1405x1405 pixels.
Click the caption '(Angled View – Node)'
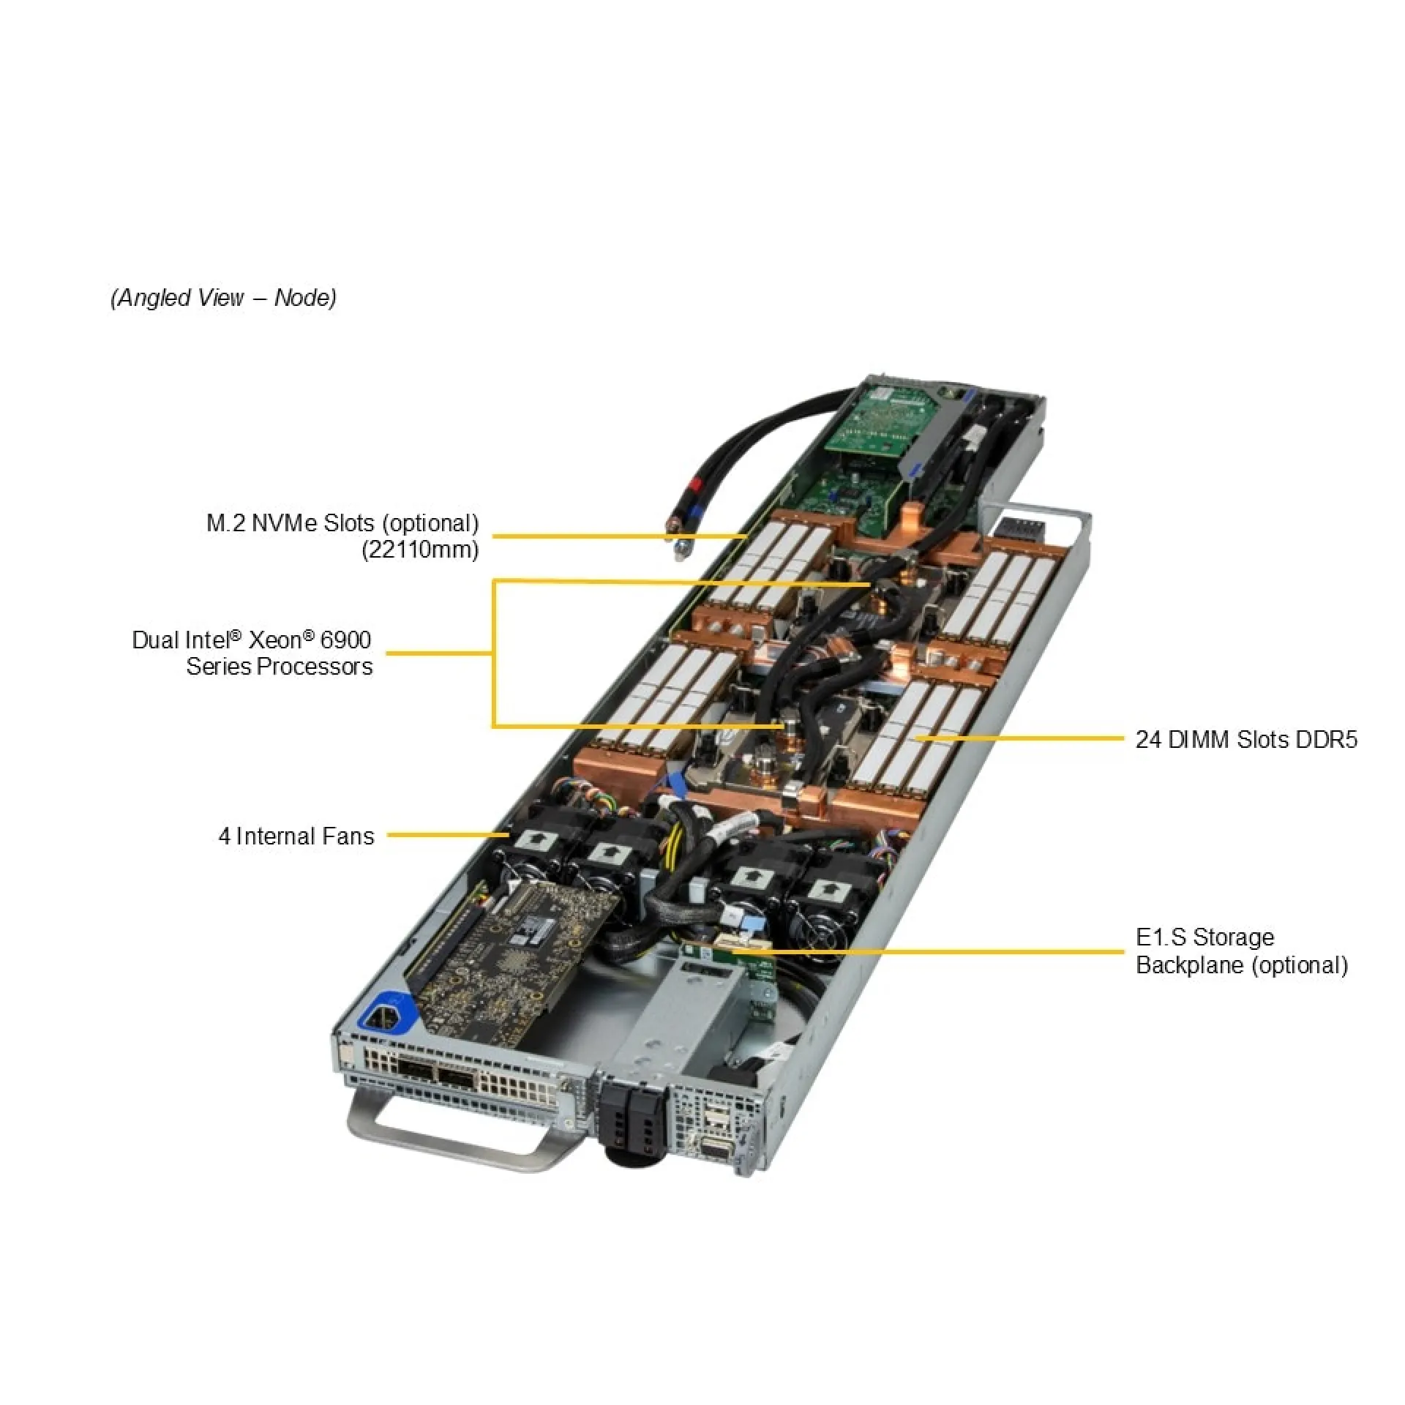point(223,298)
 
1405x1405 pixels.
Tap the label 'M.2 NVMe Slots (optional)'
point(342,523)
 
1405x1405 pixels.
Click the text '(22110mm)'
point(420,550)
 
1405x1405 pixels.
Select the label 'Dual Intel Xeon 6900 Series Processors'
point(252,653)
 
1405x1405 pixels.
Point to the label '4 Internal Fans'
point(296,836)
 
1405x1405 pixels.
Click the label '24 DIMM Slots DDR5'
point(1245,739)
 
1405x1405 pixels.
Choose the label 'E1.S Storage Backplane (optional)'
point(1241,951)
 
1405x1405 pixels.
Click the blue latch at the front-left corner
point(386,1013)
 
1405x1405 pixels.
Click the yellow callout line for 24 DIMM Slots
point(1024,738)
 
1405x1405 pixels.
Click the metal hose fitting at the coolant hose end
point(680,550)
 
